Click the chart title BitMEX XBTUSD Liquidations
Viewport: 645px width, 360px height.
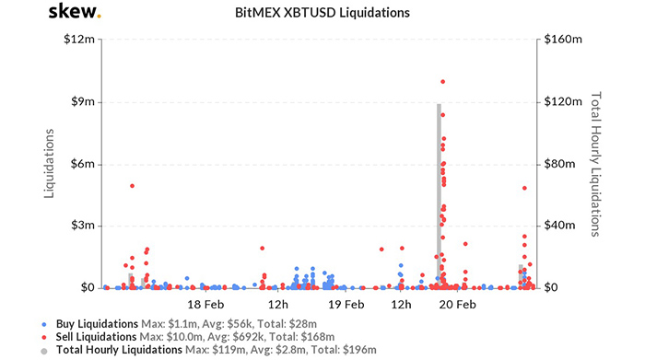click(x=322, y=14)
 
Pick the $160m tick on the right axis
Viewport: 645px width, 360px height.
click(x=563, y=41)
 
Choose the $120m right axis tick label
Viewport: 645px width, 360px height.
click(x=563, y=102)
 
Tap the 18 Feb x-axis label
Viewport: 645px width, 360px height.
click(x=206, y=304)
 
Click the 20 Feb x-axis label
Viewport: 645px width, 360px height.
click(x=458, y=304)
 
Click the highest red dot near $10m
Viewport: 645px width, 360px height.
click(x=443, y=82)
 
